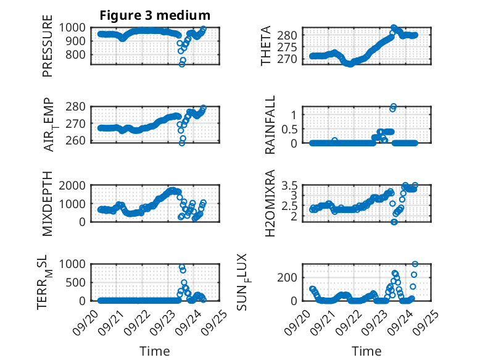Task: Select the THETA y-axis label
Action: click(266, 46)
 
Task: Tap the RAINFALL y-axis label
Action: click(271, 125)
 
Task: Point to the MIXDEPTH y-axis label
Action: click(48, 204)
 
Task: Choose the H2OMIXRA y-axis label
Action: click(271, 204)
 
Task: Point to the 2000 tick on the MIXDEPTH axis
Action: click(77, 185)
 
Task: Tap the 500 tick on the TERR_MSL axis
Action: click(80, 282)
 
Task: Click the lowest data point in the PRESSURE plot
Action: click(182, 64)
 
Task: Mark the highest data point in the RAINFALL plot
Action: click(394, 106)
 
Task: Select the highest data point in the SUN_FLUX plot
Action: click(415, 264)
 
